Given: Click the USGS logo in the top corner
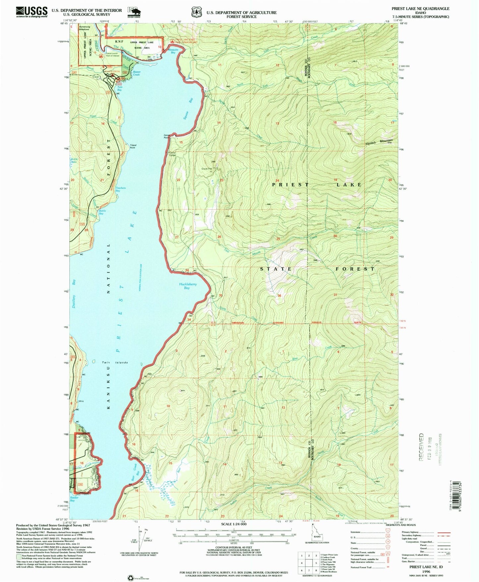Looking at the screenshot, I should coord(31,12).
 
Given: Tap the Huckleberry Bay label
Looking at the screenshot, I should coord(188,286).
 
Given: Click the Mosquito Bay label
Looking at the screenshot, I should coord(173,51).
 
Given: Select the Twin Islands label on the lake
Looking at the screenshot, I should coord(115,362).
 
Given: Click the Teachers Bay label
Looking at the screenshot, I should coord(120,189).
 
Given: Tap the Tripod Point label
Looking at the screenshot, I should coord(133,146).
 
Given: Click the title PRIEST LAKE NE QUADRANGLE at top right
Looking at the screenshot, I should coord(420,9).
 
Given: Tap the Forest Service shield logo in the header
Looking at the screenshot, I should coord(197,12).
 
